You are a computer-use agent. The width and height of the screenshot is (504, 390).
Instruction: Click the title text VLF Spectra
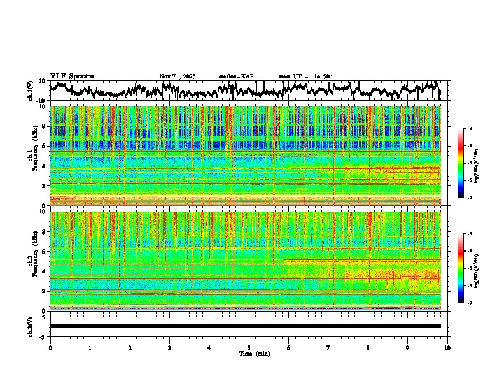72,76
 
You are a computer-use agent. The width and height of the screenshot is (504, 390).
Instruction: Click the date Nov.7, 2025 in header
178,76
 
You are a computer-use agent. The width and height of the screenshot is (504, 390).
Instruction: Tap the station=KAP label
235,76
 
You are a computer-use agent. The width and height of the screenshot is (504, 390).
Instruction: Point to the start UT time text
307,76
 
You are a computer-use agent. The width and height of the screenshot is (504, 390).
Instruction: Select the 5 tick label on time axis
249,348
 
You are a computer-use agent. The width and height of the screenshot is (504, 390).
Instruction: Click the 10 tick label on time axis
447,348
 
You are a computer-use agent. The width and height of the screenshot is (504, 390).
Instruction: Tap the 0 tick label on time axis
50,348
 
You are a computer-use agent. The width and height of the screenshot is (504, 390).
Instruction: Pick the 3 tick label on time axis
169,348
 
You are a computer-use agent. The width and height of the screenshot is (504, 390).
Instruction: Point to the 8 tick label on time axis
368,348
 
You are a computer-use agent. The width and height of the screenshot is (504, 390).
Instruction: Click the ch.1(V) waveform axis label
31,90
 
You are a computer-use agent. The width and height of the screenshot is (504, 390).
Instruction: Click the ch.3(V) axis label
31,326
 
